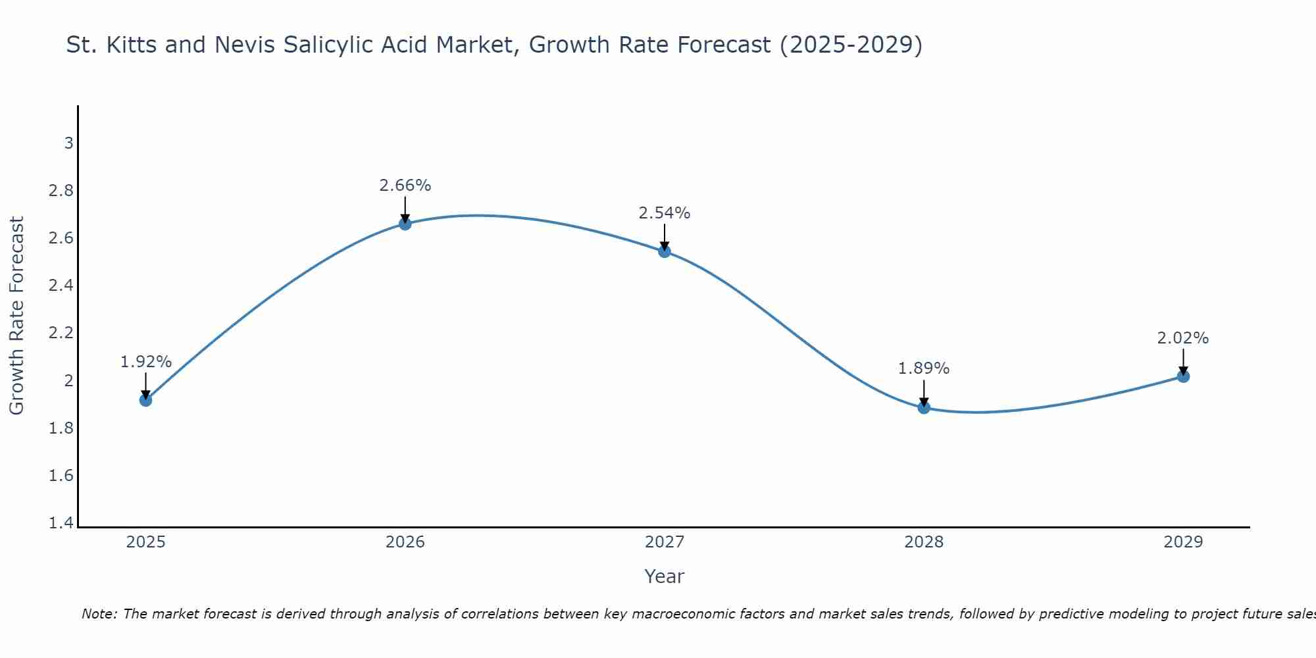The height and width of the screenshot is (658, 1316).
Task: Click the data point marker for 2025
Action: pyautogui.click(x=146, y=400)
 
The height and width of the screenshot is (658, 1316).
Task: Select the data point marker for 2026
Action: pyautogui.click(x=405, y=224)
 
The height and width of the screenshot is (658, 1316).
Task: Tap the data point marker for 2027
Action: pyautogui.click(x=665, y=251)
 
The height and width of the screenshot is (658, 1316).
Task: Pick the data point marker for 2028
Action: pyautogui.click(x=924, y=407)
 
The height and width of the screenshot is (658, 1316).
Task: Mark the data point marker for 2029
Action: pyautogui.click(x=1183, y=376)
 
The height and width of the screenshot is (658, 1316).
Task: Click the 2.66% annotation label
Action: pyautogui.click(x=405, y=186)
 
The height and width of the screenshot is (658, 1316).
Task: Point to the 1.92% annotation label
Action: pyautogui.click(x=146, y=362)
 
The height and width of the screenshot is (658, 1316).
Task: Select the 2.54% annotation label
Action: pyautogui.click(x=665, y=213)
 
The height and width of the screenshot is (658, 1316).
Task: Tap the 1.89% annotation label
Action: pyautogui.click(x=924, y=368)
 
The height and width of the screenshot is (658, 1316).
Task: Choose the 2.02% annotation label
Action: pyautogui.click(x=1183, y=338)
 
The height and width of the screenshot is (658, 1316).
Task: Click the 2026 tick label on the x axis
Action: pyautogui.click(x=405, y=542)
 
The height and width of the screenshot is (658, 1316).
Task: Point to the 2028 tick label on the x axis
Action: pyautogui.click(x=924, y=542)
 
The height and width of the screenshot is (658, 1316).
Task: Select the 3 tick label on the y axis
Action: pyautogui.click(x=68, y=143)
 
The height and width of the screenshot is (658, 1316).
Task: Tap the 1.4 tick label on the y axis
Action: pyautogui.click(x=61, y=523)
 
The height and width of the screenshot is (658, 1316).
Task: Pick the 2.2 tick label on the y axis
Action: pyautogui.click(x=61, y=333)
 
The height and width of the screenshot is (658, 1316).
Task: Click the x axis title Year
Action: pyautogui.click(x=665, y=576)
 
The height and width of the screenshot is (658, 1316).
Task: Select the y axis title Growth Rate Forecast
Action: pyautogui.click(x=16, y=316)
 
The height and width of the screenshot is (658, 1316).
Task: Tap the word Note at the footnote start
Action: pyautogui.click(x=99, y=614)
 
